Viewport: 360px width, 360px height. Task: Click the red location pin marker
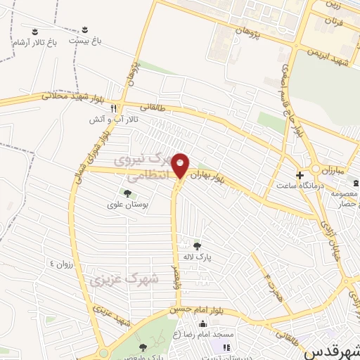pyautogui.click(x=181, y=165)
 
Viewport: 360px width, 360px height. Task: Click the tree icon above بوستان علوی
pyautogui.click(x=127, y=193)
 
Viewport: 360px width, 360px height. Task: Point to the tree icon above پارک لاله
pyautogui.click(x=197, y=246)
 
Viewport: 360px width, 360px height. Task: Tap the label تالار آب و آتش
pyautogui.click(x=120, y=120)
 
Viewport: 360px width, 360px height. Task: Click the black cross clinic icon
pyautogui.click(x=300, y=175)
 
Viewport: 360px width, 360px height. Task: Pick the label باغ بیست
pyautogui.click(x=85, y=41)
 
